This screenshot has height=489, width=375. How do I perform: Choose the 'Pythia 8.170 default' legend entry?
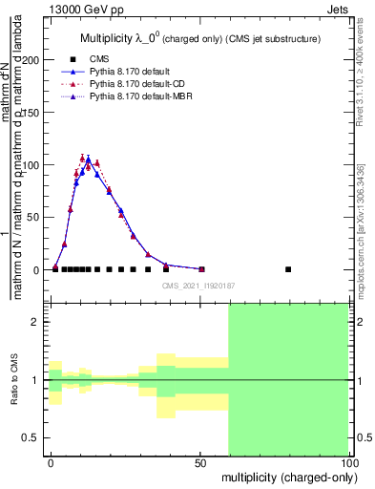coord(128,72)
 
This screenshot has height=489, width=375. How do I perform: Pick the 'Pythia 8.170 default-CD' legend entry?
coord(134,84)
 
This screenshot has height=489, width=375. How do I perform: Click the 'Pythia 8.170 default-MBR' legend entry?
coord(137,96)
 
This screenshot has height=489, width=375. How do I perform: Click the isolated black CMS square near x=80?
coord(288,269)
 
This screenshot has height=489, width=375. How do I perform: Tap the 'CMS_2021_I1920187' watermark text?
coord(198,285)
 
